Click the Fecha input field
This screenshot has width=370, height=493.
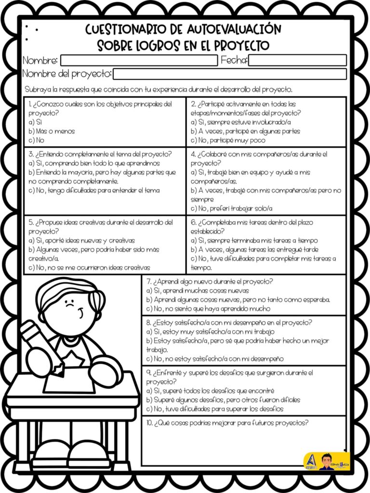pos(297,61)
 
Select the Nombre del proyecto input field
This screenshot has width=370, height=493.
pos(229,74)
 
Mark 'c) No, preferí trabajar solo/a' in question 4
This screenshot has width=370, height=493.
pos(232,208)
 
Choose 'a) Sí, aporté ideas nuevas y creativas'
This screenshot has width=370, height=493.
pos(81,240)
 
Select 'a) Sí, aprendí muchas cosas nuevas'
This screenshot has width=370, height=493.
pos(198,291)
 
